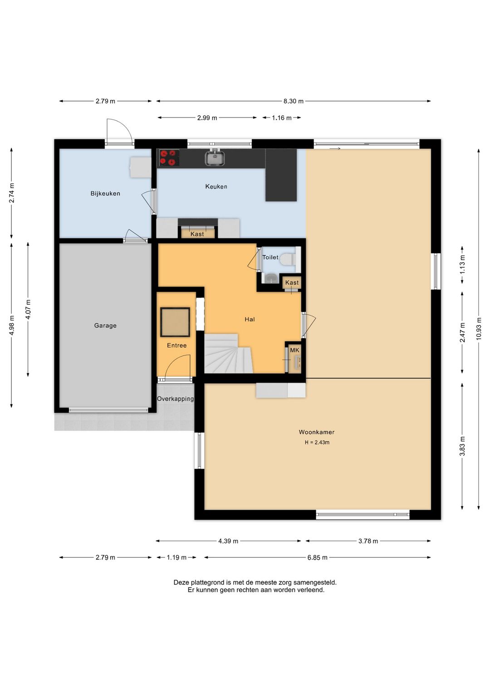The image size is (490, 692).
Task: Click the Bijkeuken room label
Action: tap(105, 193)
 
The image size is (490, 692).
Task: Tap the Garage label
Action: tap(105, 325)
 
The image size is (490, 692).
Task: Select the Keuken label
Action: tap(216, 186)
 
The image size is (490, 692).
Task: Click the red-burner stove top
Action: tap(169, 157)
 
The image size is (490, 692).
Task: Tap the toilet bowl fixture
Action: tap(288, 259)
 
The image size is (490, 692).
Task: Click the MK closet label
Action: tap(294, 350)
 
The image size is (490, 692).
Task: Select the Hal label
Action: tap(250, 319)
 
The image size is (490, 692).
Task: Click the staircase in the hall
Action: tap(229, 353)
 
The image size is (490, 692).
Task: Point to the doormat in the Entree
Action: tap(175, 322)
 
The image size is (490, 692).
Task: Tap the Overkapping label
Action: tap(175, 399)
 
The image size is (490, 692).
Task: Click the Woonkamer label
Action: tap(317, 432)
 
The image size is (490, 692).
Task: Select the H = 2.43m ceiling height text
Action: tap(317, 443)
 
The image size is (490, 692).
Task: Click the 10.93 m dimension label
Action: tap(479, 329)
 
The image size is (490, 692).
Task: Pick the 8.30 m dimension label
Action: tap(294, 101)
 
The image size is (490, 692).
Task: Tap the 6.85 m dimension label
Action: tap(317, 558)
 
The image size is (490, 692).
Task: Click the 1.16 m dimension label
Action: tap(282, 118)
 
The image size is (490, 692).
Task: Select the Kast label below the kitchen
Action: tap(197, 234)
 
